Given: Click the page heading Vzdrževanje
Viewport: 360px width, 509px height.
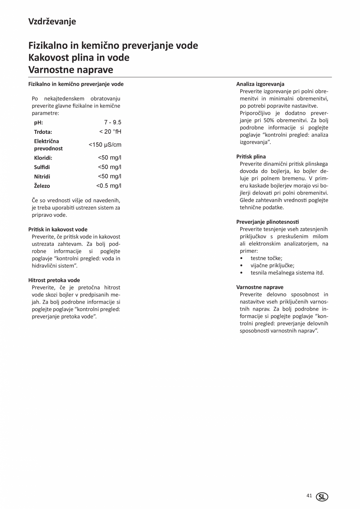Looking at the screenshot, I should coord(52,22).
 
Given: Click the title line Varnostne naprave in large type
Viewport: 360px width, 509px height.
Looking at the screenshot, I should coord(71,70).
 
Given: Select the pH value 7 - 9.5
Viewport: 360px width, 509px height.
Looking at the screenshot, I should coord(113,122).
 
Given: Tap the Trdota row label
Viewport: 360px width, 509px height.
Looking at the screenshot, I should coord(43,132).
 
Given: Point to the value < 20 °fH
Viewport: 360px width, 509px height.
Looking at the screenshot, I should coord(110,131).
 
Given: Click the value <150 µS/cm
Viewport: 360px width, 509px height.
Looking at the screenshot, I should coord(105,145).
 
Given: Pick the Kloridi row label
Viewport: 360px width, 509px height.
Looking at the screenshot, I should coord(43,158).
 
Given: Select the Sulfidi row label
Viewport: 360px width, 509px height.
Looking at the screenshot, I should coord(42,167).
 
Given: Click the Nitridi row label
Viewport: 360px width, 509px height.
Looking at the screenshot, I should coord(42,176).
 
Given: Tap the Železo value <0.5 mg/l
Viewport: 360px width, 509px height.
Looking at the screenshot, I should coord(109,186).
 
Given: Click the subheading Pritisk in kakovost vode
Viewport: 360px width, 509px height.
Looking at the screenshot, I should coord(58,229).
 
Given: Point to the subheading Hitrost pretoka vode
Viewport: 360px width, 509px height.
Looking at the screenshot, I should coord(54,280).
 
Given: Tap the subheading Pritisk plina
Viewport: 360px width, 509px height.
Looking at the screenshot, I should coord(251,156).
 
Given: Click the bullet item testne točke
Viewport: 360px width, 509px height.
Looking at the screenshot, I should coord(266,258).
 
